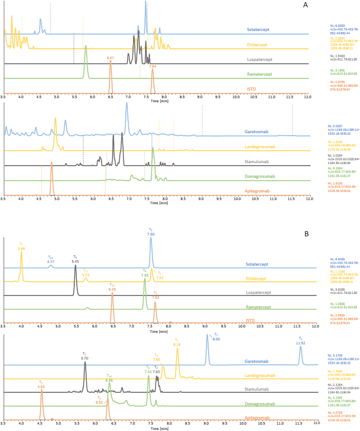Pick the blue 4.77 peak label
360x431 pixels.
[51, 261]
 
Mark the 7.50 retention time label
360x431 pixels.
[150, 233]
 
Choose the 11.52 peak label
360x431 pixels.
[300, 343]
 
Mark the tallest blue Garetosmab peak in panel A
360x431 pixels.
[127, 104]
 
